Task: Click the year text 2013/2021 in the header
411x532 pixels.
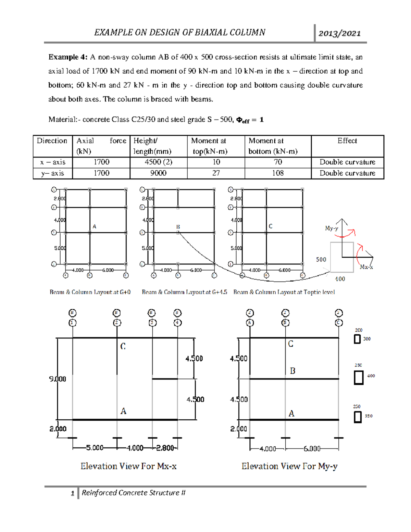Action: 339,33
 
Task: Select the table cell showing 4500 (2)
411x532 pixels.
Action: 158,162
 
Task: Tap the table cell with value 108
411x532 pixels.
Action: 278,173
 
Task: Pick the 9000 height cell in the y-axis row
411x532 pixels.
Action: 158,173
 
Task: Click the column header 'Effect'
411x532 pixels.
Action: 347,141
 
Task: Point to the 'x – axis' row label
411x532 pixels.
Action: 53,162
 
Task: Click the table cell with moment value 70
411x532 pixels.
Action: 278,162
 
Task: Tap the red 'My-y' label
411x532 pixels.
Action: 331,228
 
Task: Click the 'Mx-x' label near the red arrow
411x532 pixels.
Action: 366,267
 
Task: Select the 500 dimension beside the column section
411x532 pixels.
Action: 321,260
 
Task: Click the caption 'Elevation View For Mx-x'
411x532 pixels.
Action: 128,466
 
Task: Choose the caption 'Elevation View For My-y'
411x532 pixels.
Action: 289,466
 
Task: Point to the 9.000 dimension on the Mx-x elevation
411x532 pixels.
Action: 58,379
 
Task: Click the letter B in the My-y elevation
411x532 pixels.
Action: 292,371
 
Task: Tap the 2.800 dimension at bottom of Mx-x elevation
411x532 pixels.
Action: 165,448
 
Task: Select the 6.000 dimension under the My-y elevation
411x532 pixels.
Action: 312,449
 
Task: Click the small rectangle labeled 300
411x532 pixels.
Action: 357,339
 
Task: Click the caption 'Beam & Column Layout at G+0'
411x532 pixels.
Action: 90,292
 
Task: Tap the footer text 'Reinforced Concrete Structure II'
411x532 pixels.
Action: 133,493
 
